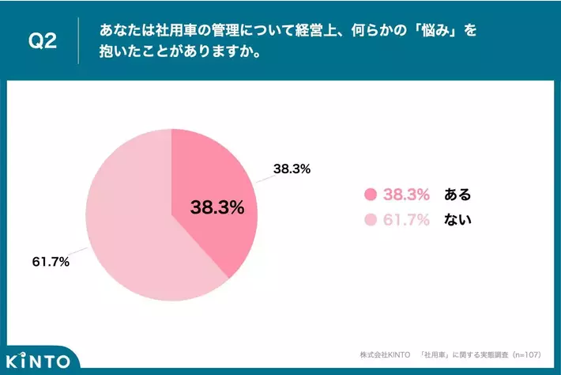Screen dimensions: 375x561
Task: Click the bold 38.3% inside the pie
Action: [x=217, y=207]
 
